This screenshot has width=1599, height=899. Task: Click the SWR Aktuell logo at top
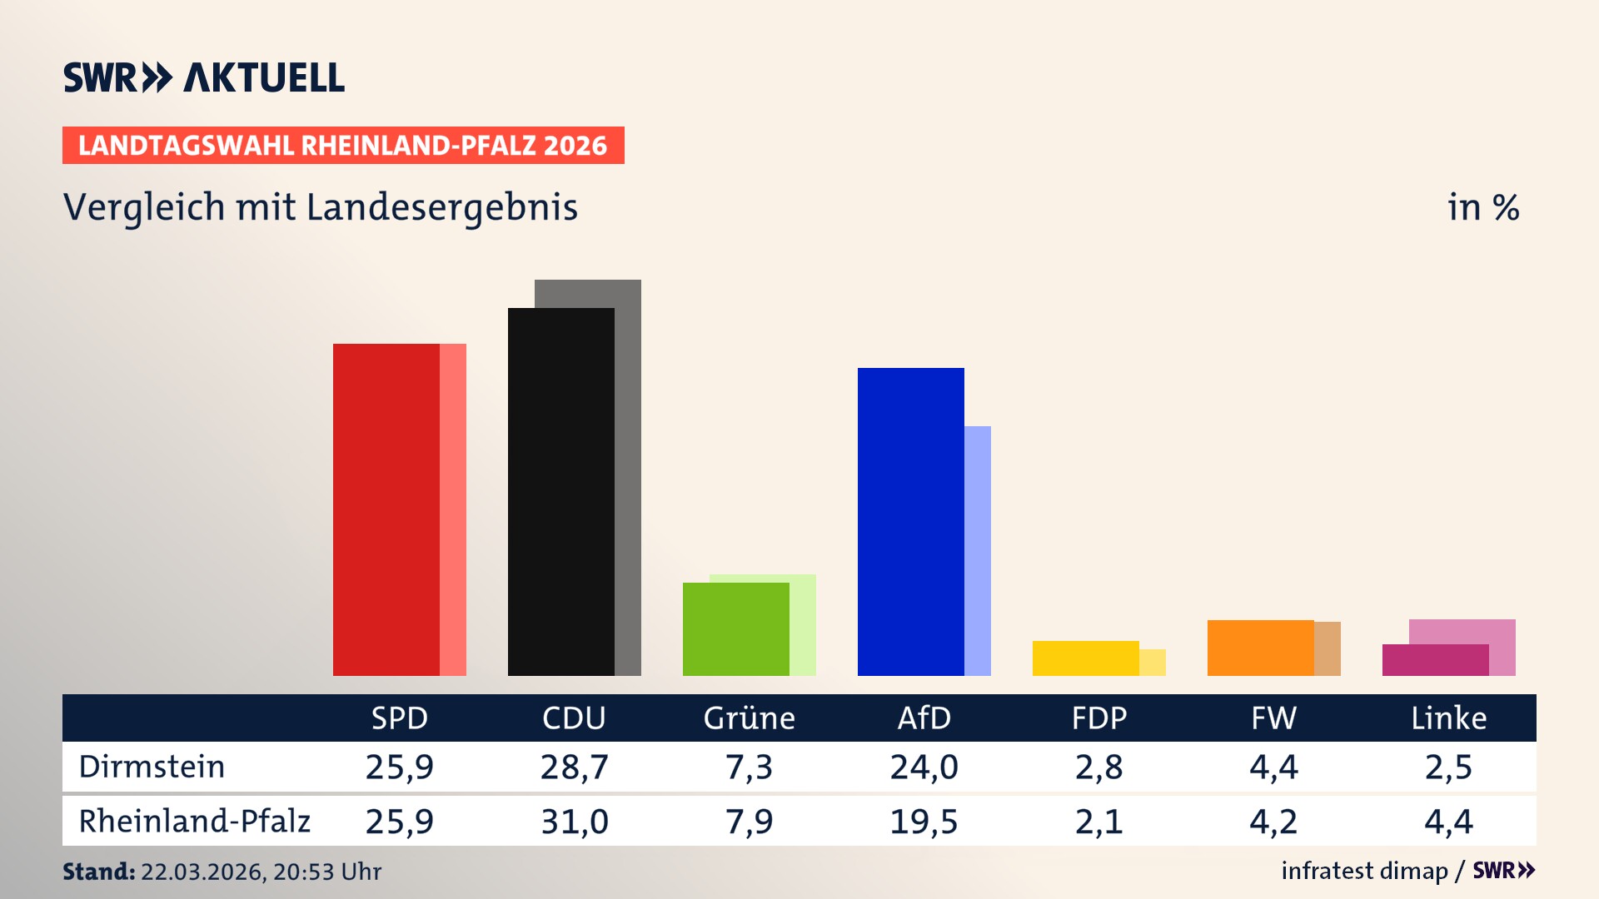pos(204,77)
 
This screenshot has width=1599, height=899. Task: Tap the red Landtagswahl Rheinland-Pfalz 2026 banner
pos(342,146)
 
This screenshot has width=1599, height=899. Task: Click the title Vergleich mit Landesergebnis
pos(320,207)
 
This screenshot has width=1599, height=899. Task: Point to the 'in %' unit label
pos(1482,208)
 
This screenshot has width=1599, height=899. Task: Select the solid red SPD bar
pos(386,509)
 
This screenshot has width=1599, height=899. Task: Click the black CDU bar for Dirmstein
pos(560,491)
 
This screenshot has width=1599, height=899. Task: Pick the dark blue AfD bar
pos(910,521)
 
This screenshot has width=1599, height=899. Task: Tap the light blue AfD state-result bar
pos(978,549)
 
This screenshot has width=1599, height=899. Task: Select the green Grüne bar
pos(735,628)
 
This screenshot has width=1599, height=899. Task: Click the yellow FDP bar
pos(1085,658)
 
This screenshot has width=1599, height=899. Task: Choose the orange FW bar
pos(1260,648)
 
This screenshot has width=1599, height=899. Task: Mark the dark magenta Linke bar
pos(1435,659)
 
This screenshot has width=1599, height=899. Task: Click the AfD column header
pos(924,718)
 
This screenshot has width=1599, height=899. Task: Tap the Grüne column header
pos(749,718)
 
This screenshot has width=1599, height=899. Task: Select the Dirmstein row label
pos(152,767)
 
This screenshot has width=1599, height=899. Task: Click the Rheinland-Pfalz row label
pos(194,822)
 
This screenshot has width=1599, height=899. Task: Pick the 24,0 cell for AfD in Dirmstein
pos(924,767)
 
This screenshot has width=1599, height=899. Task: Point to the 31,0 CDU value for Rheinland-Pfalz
pos(574,822)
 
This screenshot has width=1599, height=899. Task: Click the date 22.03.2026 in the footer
pos(202,872)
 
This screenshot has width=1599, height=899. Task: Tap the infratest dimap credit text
pos(1364,871)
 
